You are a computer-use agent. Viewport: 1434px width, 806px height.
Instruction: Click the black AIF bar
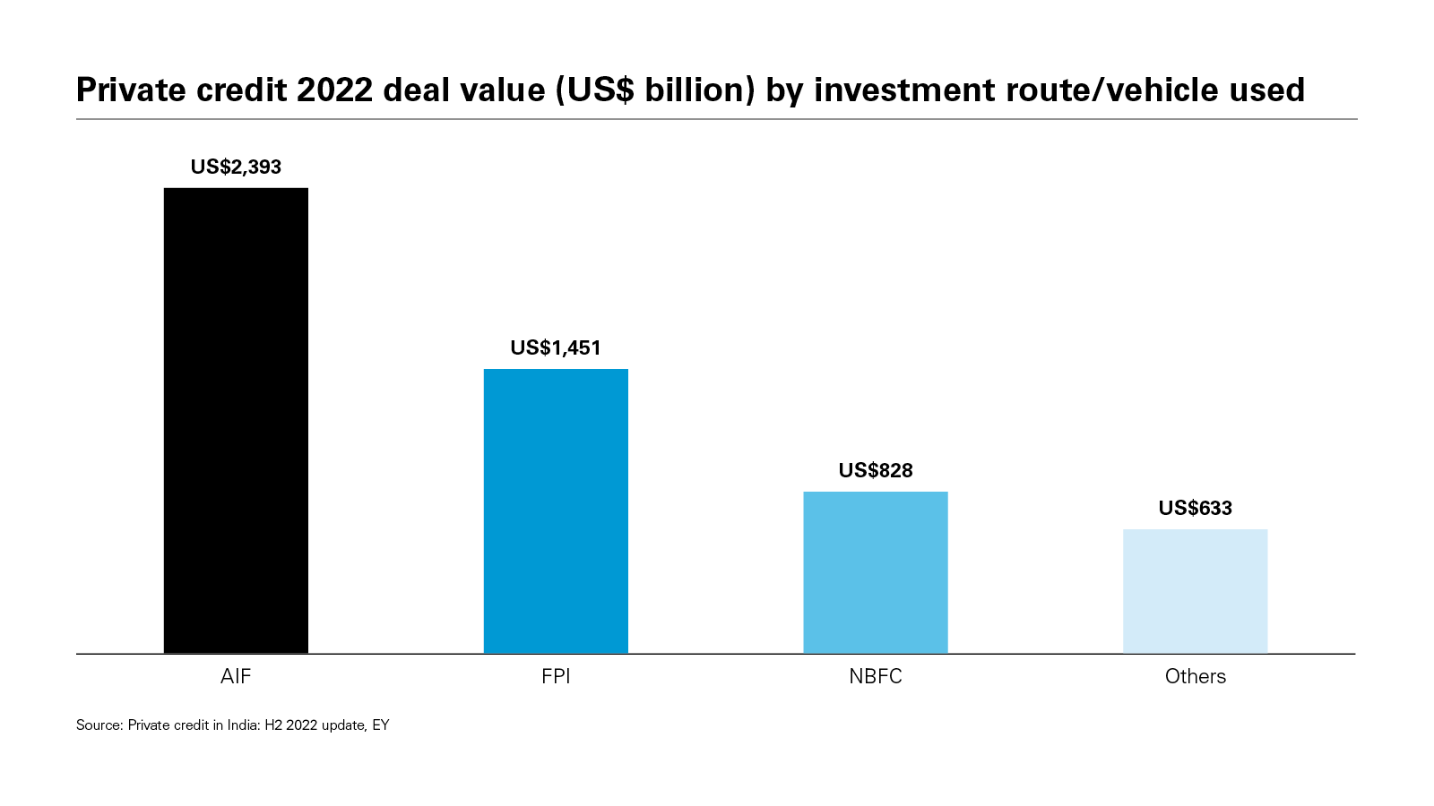tap(236, 420)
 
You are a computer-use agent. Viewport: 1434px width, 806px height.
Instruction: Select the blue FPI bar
tap(556, 510)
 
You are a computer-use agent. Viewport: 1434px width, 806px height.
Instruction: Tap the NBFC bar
tap(875, 572)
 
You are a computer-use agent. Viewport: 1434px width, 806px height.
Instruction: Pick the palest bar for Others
tap(1195, 591)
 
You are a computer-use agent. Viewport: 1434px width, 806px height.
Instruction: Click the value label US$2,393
tap(236, 167)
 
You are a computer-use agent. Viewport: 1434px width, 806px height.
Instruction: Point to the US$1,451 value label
tap(556, 348)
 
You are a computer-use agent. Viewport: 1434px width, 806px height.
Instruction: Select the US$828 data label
tap(875, 471)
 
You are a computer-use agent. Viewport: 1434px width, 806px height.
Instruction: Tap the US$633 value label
tap(1195, 509)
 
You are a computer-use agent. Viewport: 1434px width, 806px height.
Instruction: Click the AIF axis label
tap(236, 677)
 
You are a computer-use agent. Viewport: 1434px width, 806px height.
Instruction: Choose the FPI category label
tap(556, 677)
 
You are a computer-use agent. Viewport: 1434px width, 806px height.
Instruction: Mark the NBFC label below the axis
tap(875, 677)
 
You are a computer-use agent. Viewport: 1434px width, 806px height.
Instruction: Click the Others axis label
tap(1195, 677)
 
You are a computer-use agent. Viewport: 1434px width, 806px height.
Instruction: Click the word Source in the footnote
tap(98, 725)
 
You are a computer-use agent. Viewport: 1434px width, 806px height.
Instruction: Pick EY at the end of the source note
tap(381, 725)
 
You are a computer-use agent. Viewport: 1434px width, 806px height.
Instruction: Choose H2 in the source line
tap(273, 725)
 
